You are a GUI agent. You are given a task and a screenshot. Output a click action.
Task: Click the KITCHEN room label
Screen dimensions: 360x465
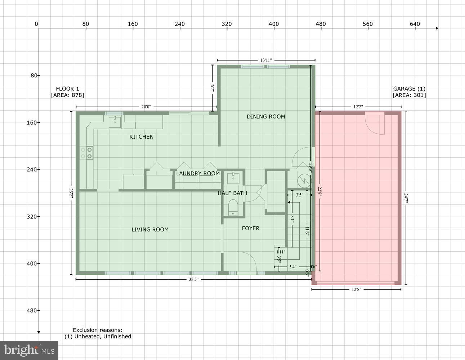point(141,137)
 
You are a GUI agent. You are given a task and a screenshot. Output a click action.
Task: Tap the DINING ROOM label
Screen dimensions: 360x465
point(266,117)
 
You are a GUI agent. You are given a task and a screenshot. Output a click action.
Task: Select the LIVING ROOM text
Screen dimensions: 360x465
point(150,230)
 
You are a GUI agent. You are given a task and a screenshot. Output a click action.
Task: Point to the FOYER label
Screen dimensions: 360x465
point(250,228)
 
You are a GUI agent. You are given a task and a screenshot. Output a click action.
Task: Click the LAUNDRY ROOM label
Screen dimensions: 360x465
point(198,174)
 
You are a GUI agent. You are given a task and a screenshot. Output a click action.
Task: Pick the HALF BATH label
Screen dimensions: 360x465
point(232,193)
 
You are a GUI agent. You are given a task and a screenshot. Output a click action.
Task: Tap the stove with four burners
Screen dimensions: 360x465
point(86,153)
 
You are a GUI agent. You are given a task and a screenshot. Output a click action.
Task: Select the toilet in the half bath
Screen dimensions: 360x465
point(233,208)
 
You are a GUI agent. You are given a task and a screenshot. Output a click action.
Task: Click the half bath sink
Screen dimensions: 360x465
point(233,177)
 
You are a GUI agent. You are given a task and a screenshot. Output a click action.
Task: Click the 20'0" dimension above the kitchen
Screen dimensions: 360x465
point(146,107)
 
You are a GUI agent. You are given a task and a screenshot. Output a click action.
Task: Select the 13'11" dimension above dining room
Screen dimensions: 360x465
point(266,60)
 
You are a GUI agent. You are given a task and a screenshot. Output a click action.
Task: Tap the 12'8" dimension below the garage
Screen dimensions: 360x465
point(356,289)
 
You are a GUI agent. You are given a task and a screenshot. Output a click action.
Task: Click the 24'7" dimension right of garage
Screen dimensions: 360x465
point(406,198)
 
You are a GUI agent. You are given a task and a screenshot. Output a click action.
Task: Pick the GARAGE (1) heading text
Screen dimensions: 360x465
point(409,89)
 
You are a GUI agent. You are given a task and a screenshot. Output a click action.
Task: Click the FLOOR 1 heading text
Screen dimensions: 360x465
point(67,89)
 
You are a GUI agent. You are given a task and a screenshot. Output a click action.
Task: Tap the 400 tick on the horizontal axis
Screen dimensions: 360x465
point(274,24)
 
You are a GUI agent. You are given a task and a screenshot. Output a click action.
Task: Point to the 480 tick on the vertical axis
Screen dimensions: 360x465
point(32,310)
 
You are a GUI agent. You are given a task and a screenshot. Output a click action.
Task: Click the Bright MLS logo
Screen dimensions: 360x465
point(29,350)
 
